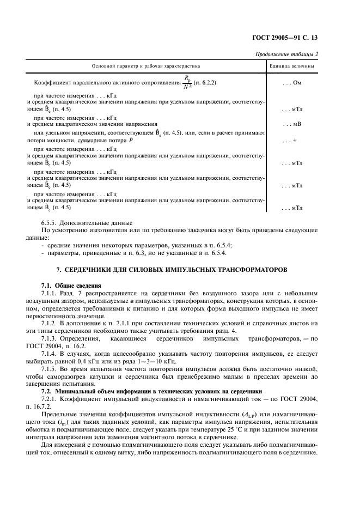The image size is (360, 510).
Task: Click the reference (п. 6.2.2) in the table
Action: click(206, 83)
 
